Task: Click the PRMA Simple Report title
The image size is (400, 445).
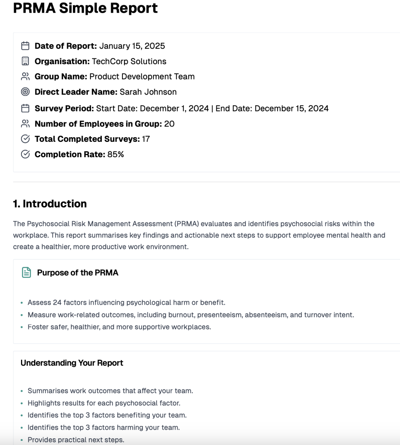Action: (85, 8)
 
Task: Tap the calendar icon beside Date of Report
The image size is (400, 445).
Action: (25, 46)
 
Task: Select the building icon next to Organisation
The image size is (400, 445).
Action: (25, 61)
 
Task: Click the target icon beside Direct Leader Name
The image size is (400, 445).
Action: (25, 92)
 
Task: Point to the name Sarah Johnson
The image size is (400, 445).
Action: (148, 92)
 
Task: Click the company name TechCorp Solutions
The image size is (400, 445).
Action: (129, 61)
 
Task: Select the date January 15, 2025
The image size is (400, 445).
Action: (132, 46)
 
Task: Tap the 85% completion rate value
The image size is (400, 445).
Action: (115, 154)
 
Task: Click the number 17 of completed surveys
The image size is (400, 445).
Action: (146, 139)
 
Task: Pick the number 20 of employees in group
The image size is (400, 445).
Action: (169, 124)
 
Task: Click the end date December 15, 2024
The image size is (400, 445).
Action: (291, 108)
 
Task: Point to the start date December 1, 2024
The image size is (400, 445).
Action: (174, 108)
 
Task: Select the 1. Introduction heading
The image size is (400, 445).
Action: (50, 204)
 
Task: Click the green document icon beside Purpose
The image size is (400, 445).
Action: (26, 272)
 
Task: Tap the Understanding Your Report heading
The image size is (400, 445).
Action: (72, 363)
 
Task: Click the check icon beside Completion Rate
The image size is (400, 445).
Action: (25, 154)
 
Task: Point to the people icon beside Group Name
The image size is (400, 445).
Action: (25, 77)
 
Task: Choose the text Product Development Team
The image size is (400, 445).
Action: (142, 77)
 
